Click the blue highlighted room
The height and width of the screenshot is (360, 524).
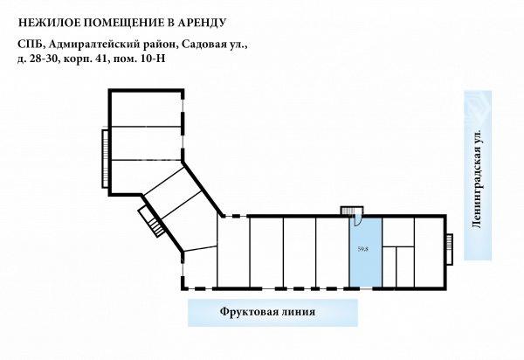(366, 252)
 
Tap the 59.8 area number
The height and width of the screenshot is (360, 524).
(363, 249)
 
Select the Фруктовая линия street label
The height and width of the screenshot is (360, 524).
(267, 312)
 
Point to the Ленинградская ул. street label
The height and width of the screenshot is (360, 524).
(477, 179)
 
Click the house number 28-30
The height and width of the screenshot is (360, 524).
(45, 59)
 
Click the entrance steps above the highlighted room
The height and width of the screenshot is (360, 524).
(348, 211)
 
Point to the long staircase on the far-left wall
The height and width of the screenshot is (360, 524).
(105, 158)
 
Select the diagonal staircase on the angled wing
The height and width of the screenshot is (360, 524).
(151, 221)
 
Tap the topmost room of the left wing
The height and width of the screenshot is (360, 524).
(146, 108)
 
